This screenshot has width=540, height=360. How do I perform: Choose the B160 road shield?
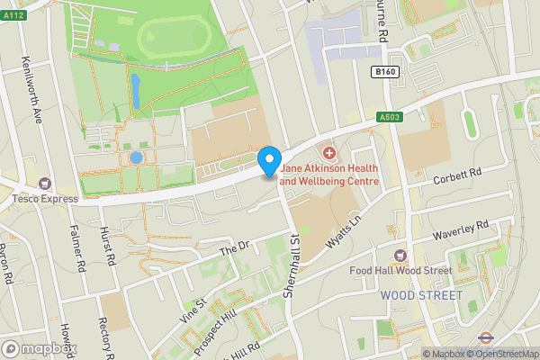coord(385,71)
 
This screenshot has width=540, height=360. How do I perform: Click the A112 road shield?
coord(13,9)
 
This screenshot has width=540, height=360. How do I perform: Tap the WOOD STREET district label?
coord(421,295)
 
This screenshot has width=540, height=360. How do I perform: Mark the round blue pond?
coord(136,157)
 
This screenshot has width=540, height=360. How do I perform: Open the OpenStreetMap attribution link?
coord(500,354)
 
